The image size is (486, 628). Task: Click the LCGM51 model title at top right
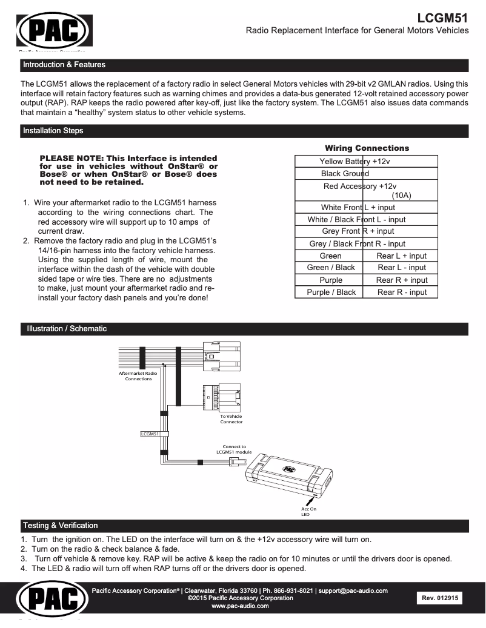[x=443, y=18]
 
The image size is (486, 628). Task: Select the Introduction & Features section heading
[x=64, y=65]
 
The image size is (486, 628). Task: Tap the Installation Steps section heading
[x=53, y=131]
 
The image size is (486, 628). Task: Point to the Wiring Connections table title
[x=367, y=148]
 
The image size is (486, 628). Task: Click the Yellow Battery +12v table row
[x=355, y=162]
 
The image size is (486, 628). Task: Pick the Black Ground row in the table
[x=345, y=174]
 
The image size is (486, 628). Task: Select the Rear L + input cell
[x=401, y=256]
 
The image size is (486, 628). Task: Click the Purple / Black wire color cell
[x=331, y=293]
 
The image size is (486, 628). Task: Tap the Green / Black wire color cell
[x=331, y=268]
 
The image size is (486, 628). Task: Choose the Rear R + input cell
[x=401, y=280]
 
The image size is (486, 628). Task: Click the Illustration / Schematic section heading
[x=66, y=329]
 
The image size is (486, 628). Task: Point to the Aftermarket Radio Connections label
[x=138, y=377]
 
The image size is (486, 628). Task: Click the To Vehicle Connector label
[x=231, y=419]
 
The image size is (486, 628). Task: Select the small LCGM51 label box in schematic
[x=150, y=434]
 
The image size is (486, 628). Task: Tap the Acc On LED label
[x=308, y=512]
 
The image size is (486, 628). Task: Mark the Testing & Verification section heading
[x=59, y=525]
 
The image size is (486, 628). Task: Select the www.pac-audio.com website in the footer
[x=240, y=606]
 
